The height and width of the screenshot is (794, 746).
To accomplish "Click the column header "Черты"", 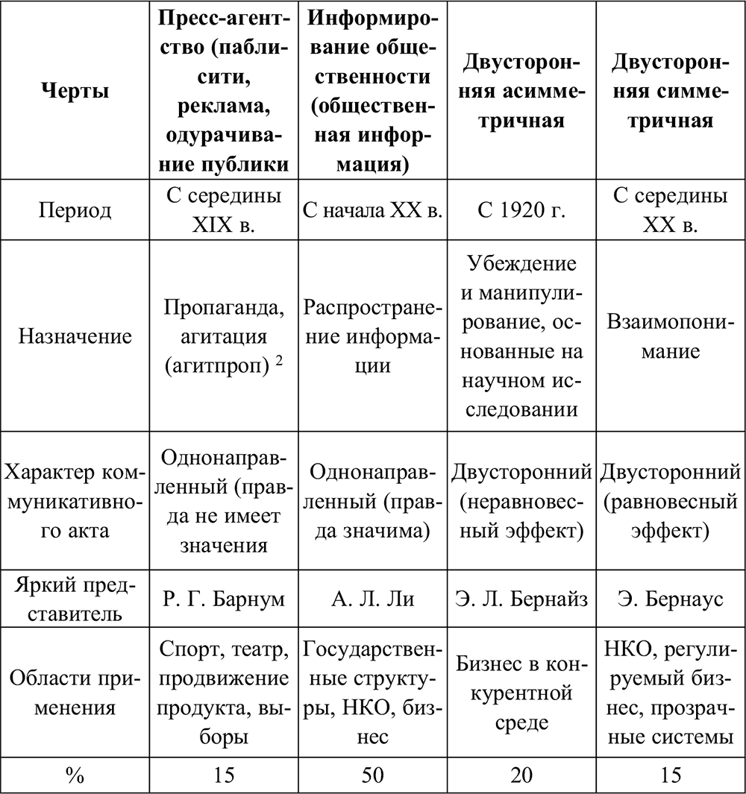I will (74, 91).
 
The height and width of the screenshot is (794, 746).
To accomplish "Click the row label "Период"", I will (74, 209).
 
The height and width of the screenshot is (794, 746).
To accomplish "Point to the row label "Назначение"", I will (74, 336).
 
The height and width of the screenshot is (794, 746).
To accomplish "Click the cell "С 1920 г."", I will (521, 209).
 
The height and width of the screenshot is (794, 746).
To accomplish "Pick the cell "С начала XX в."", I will (372, 209).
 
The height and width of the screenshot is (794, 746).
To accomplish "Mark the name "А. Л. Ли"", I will (372, 599).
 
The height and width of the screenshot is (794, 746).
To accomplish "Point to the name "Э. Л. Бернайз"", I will (521, 599).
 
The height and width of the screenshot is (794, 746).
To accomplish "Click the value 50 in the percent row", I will (372, 775).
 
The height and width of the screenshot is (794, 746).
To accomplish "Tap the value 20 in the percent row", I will (521, 775).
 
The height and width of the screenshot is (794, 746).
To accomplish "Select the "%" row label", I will (74, 775).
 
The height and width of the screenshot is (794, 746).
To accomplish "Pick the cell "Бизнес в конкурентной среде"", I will (521, 693).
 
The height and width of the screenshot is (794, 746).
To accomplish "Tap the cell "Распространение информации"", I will (372, 336).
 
